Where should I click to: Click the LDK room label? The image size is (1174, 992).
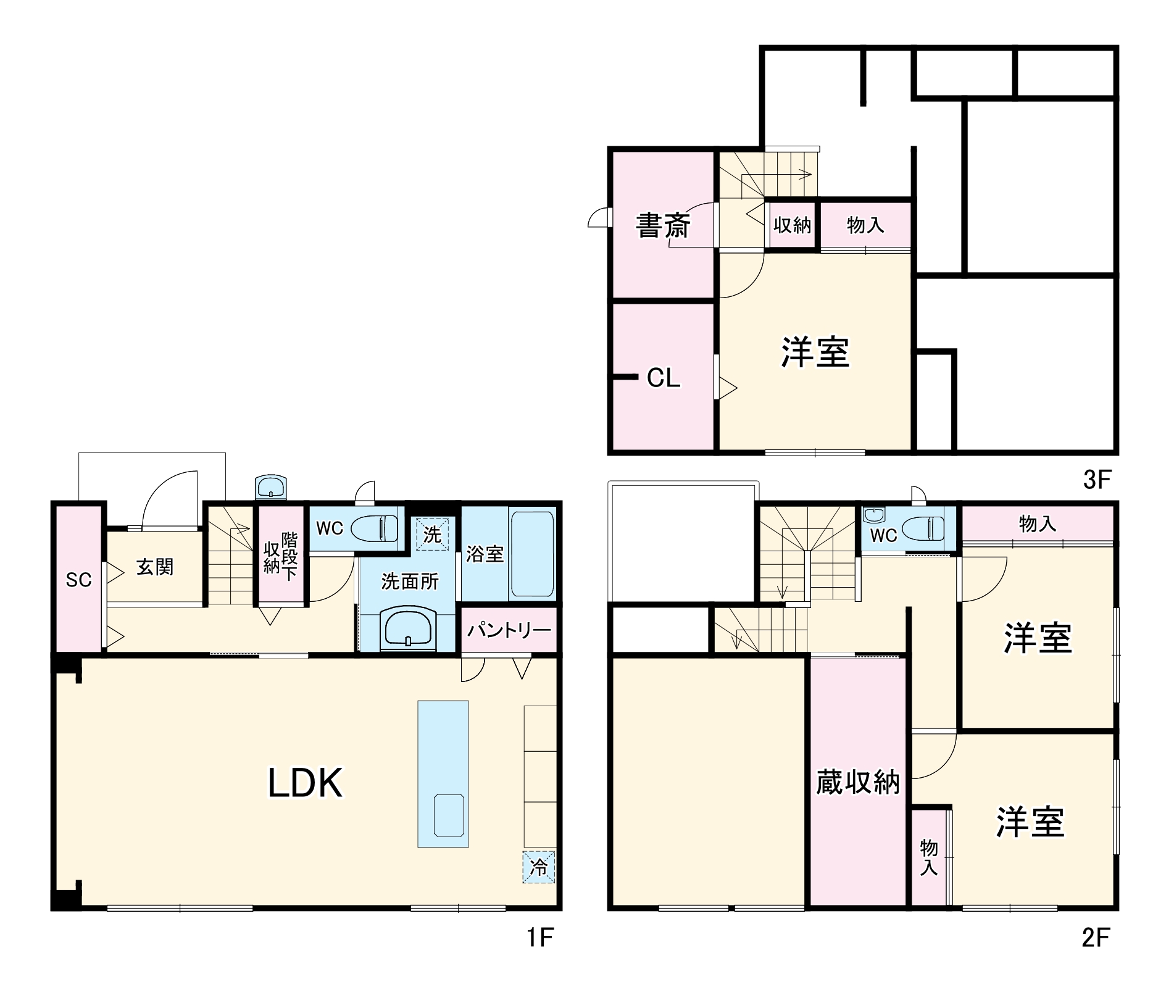305,783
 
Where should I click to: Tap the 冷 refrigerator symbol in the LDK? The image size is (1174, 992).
539,867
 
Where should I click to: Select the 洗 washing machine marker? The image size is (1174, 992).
432,534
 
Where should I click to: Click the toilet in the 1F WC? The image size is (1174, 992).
375,528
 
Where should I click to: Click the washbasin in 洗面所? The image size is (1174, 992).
408,628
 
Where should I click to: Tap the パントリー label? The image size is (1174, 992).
509,630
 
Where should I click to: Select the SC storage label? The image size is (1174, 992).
78,580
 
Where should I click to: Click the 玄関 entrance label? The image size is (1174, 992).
155,567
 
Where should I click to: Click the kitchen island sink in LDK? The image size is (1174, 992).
449,815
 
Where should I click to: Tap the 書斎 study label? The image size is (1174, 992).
663,225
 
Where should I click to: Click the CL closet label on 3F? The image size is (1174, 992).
664,378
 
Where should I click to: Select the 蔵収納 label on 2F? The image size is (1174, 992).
857,783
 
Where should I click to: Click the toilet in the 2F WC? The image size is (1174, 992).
924,528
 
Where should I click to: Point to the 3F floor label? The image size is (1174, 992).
1097,480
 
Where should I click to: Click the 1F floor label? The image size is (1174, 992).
540,938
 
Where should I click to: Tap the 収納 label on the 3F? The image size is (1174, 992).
792,225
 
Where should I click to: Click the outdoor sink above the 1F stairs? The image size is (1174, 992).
271,488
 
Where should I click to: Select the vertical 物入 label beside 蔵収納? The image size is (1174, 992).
928,857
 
